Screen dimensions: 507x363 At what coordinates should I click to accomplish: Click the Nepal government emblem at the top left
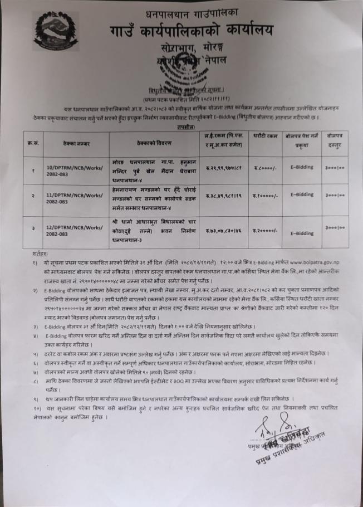[56, 31]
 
